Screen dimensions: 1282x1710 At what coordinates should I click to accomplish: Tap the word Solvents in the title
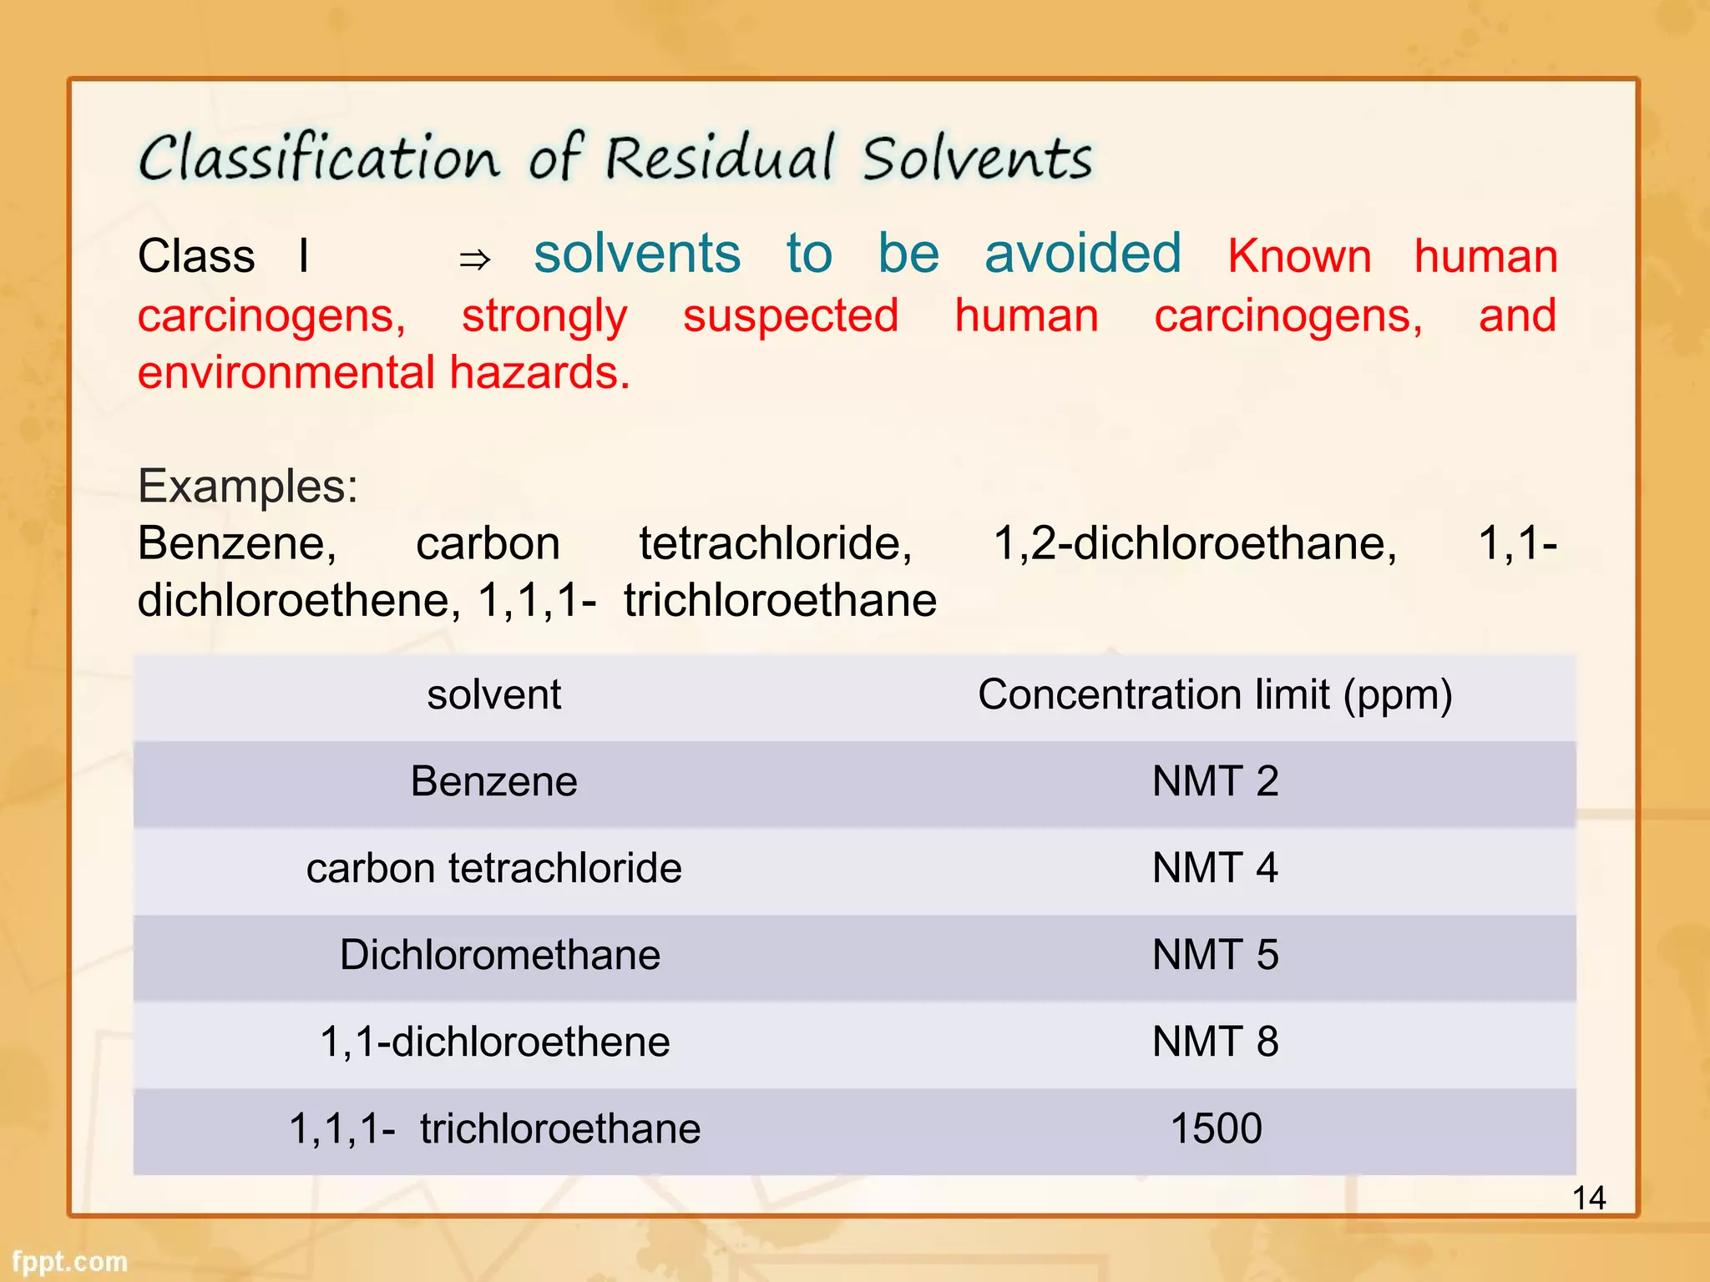click(977, 159)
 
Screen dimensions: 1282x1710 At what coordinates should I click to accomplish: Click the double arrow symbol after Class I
click(474, 260)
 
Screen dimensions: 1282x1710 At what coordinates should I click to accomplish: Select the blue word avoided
click(1082, 254)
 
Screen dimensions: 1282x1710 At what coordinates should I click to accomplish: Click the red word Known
click(1299, 256)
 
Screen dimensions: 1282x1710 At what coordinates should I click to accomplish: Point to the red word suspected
click(790, 316)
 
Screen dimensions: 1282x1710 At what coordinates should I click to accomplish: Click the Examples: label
click(248, 486)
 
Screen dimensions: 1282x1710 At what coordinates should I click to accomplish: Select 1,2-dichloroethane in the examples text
click(1194, 544)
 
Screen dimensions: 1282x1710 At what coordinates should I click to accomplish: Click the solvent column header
click(493, 695)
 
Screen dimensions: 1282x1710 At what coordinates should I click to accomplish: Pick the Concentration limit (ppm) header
click(1215, 695)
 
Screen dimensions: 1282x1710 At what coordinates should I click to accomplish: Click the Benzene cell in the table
click(493, 782)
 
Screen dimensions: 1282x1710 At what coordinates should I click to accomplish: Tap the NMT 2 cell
click(1215, 782)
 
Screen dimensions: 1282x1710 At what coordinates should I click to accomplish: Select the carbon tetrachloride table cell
click(493, 869)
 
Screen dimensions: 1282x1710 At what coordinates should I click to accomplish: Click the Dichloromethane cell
click(499, 956)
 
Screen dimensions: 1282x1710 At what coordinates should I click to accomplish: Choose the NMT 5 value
click(1215, 956)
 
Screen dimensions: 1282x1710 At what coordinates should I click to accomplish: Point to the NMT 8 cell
click(1215, 1042)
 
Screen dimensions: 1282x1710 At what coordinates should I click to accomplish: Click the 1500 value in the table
click(1216, 1129)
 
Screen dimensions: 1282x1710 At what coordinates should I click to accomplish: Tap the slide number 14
click(1588, 1199)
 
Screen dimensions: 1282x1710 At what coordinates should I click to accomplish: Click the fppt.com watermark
click(70, 1261)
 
